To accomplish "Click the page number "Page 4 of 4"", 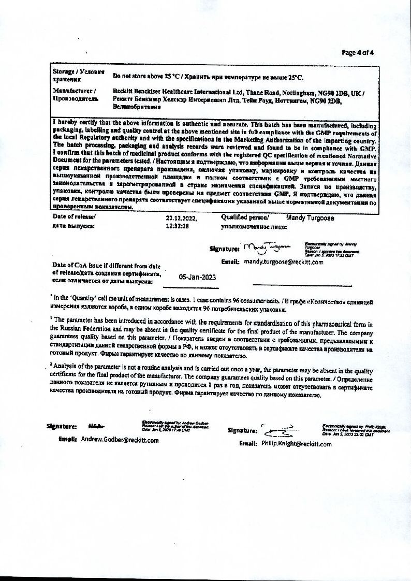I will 358,52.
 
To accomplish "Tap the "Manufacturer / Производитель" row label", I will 75,94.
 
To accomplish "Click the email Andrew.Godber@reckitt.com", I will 120,440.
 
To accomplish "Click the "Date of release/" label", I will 74,217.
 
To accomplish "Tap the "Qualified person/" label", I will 245,218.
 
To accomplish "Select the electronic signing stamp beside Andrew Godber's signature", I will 175,426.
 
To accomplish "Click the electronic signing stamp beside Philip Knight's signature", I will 355,430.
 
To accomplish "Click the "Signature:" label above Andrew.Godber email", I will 62,426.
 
